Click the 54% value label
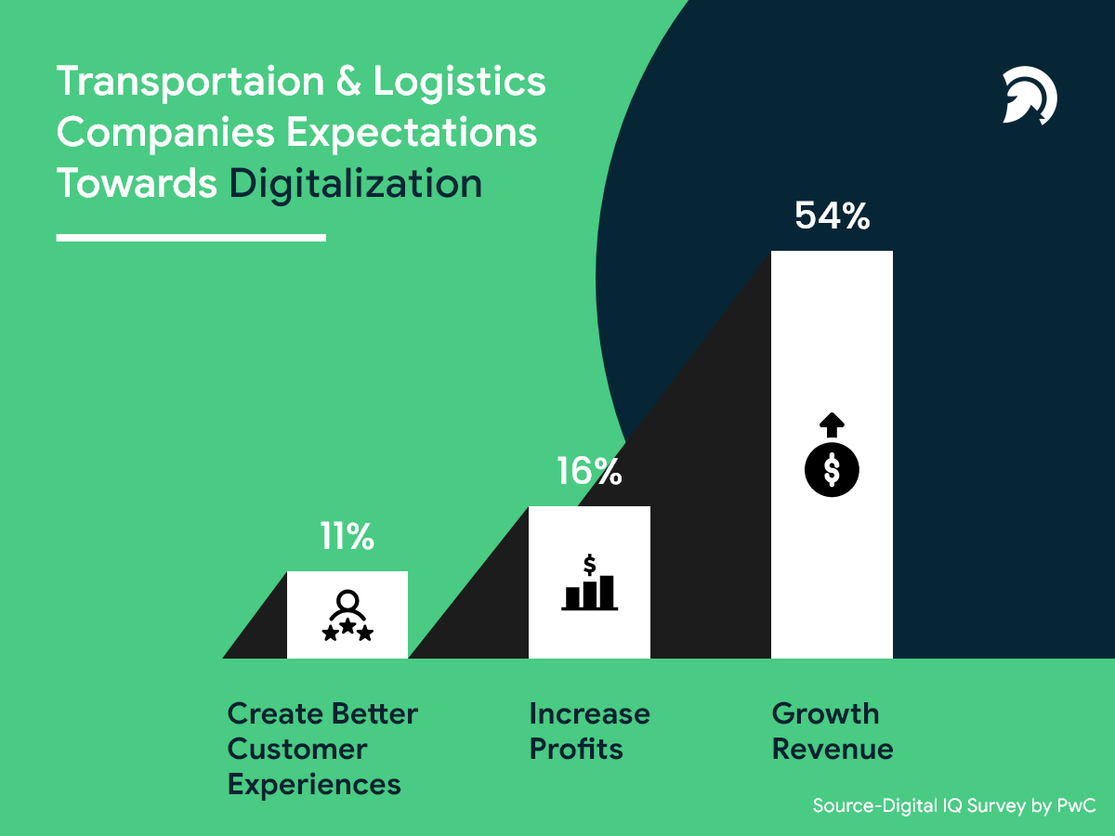(832, 216)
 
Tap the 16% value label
(589, 472)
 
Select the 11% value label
(347, 537)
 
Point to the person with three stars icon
(347, 616)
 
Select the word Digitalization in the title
(356, 183)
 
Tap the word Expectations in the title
(412, 132)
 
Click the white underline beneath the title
(190, 238)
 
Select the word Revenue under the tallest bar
(833, 749)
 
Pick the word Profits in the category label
(576, 749)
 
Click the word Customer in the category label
(297, 749)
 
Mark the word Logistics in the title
(460, 82)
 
